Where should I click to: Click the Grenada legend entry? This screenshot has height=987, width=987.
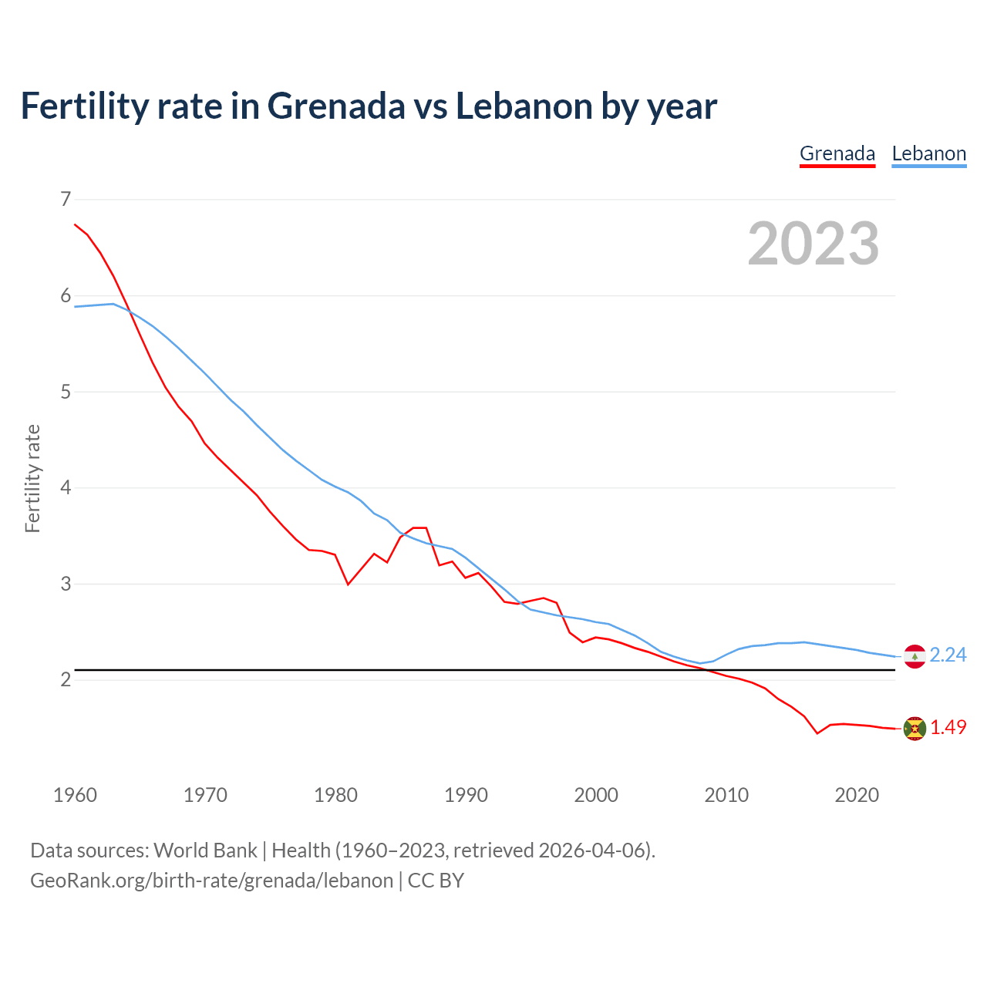coord(837,153)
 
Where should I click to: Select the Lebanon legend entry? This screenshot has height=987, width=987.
coord(928,153)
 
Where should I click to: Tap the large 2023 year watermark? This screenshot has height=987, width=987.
coord(813,244)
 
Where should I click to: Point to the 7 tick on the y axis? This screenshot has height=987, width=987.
coord(66,200)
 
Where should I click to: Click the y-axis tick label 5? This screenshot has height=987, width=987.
coord(66,392)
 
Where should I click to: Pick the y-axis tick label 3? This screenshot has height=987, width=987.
coord(66,584)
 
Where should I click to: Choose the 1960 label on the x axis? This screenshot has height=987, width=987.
coord(75,795)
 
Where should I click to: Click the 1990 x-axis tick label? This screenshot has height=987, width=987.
coord(466,795)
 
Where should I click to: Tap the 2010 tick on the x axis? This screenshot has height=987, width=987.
coord(726,795)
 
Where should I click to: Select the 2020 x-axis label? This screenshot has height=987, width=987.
coord(857,795)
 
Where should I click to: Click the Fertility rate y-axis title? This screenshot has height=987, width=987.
coord(32,478)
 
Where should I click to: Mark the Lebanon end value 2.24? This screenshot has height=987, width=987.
coord(948,655)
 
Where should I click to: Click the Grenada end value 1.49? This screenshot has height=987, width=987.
coord(948,727)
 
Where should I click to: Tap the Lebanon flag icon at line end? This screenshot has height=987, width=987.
coord(915,656)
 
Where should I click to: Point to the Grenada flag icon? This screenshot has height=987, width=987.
coord(915,729)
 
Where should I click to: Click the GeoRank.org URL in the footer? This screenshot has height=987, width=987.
coord(211,881)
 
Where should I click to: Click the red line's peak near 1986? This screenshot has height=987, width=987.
coord(420,528)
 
